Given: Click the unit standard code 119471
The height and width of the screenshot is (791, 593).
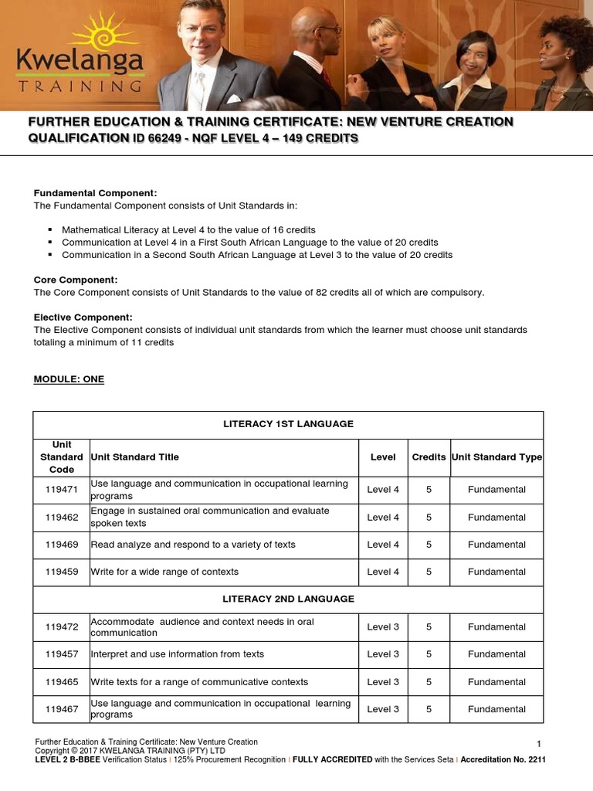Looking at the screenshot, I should tap(62, 490).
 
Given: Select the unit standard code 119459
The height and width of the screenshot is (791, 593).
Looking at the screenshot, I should tap(62, 572).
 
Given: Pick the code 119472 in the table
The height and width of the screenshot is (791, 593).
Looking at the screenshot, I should tap(62, 626).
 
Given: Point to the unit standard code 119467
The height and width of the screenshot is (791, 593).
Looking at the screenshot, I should tap(62, 709).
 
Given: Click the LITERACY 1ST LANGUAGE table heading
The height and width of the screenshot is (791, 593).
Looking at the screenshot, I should tap(288, 424).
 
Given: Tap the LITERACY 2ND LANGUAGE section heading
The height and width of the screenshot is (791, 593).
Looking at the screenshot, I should tap(288, 599).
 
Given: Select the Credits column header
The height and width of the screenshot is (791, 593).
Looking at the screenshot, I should tap(429, 457).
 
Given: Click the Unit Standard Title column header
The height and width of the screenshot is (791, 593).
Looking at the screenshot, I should tap(134, 457).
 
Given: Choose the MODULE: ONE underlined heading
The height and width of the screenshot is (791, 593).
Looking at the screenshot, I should tap(69, 379).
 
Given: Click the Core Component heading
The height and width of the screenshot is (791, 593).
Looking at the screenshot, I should tap(76, 280).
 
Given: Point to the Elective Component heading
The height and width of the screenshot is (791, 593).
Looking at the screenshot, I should tap(83, 317).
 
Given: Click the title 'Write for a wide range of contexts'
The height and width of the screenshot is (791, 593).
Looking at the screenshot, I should tap(164, 572).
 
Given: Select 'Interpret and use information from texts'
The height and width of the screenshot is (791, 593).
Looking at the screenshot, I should tap(178, 654).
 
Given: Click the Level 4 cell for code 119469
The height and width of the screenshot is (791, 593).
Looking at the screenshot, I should tap(383, 545).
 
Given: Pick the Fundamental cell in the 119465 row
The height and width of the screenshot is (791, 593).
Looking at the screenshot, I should tap(496, 682).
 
